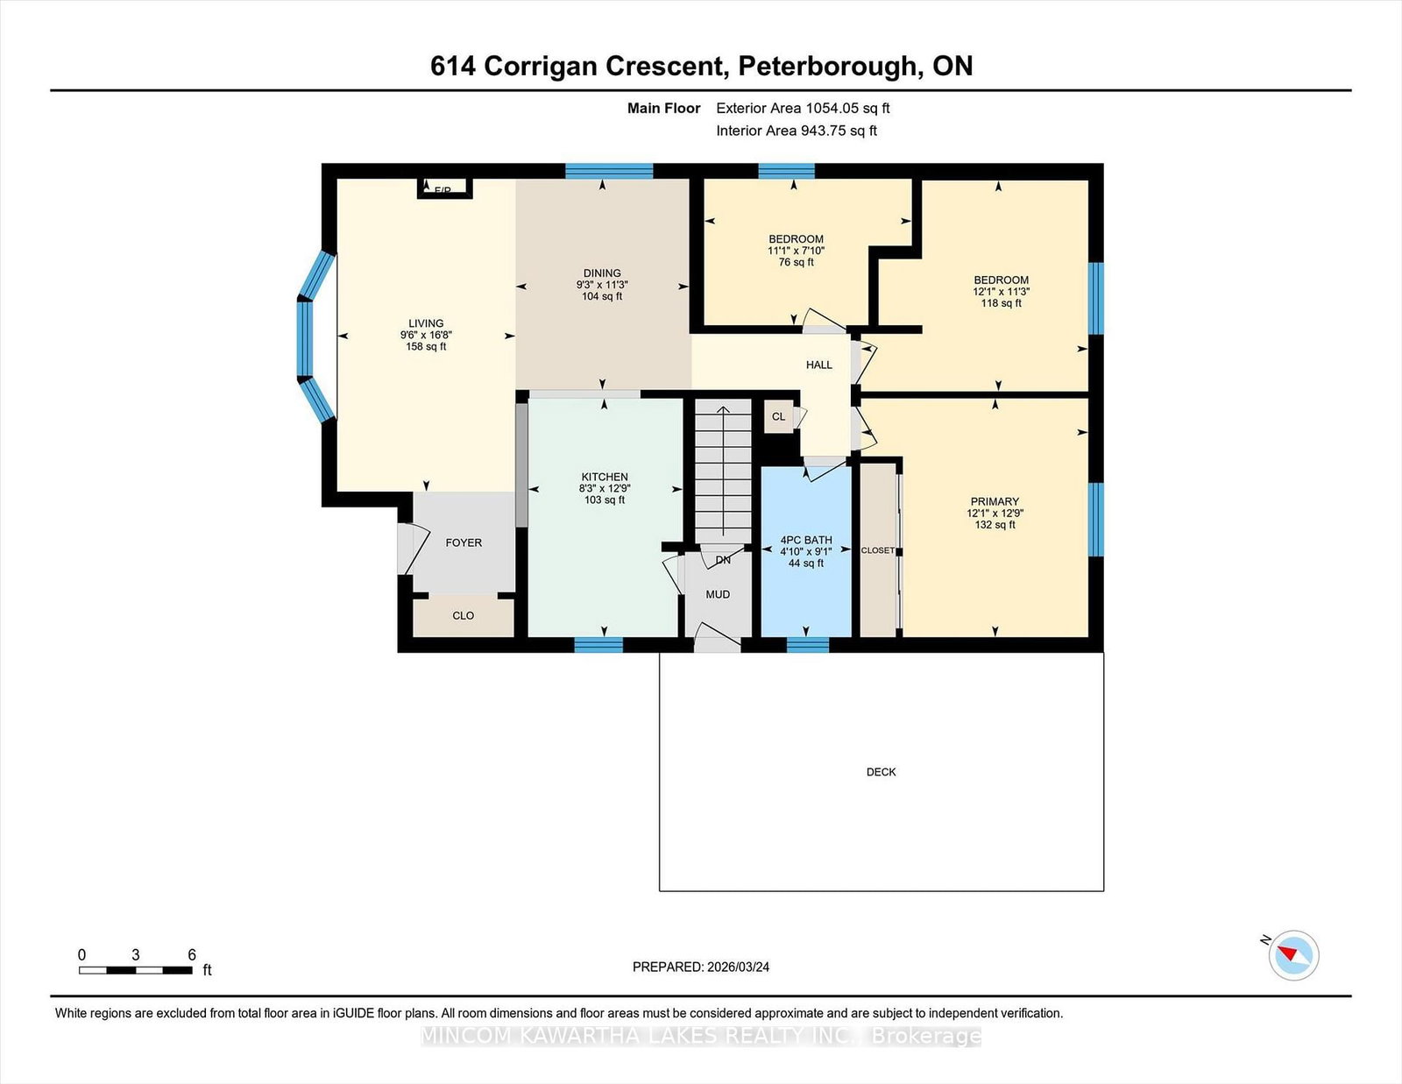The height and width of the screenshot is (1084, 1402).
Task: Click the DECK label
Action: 881,772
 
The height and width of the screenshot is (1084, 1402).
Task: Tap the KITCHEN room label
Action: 605,477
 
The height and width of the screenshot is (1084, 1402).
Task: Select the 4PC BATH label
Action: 806,540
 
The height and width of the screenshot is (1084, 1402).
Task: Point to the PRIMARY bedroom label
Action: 995,501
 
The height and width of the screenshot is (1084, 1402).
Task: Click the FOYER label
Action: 464,542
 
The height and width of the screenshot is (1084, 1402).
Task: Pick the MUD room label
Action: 718,594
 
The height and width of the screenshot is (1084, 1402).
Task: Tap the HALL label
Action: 818,365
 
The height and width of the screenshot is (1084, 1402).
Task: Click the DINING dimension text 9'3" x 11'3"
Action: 602,285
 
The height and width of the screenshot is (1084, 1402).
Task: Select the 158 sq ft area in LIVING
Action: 426,346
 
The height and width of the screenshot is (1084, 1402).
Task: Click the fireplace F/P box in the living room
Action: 444,188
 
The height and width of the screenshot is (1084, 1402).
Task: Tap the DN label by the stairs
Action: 723,560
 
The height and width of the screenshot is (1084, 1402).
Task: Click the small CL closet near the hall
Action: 779,416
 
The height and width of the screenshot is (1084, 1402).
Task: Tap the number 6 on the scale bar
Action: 192,954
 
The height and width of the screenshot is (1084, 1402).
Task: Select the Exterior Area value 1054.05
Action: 833,109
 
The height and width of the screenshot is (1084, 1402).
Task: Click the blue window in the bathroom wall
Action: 808,645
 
